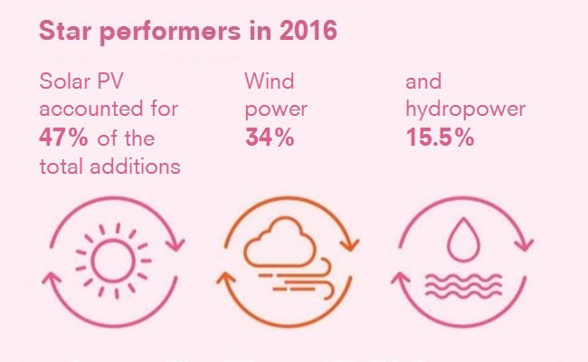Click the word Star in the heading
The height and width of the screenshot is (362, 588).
tap(65, 30)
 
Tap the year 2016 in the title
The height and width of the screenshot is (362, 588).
tap(308, 30)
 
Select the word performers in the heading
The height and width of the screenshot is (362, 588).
tap(170, 33)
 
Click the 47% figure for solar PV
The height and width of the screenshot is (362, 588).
tap(63, 138)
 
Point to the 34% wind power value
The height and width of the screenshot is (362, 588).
tap(270, 138)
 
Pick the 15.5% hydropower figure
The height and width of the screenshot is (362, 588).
tap(440, 138)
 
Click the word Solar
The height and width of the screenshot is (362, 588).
tap(65, 81)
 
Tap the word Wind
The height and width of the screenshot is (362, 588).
tap(270, 81)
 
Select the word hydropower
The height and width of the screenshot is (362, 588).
tap(465, 110)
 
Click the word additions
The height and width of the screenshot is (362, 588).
tap(136, 166)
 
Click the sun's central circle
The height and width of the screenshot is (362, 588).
tap(113, 261)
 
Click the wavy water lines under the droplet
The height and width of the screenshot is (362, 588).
tap(463, 286)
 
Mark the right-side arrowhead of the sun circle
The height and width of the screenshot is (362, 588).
tap(175, 244)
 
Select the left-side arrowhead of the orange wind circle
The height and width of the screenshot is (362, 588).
tap(226, 279)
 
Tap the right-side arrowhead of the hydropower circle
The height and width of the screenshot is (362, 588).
tap(525, 244)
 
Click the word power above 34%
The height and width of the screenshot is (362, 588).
tap(276, 110)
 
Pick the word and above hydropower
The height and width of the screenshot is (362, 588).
tap(423, 81)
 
